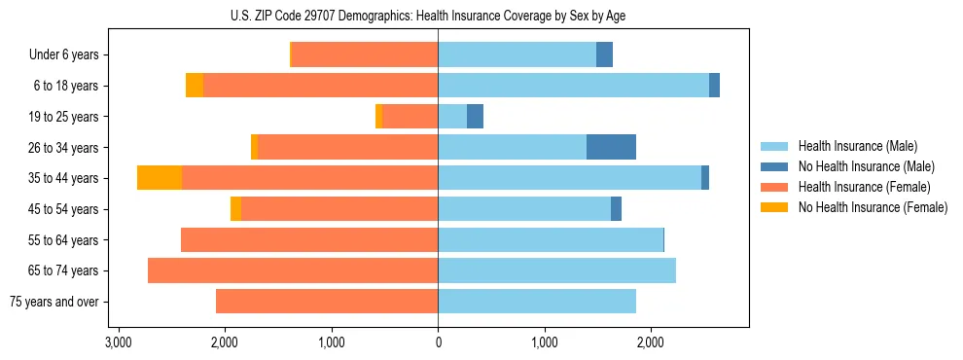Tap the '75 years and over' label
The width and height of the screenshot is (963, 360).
point(53,302)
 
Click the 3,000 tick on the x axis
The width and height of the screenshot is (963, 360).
point(119,342)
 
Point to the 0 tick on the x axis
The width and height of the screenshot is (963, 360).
point(438,342)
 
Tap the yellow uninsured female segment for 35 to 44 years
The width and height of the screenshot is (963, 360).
point(160,178)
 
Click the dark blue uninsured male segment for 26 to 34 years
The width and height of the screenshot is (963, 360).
point(611,147)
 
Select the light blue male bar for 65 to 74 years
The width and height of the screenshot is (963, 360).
point(556,270)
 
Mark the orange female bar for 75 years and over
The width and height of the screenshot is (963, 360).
point(327,302)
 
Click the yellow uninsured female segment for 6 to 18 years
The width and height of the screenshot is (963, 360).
point(195,86)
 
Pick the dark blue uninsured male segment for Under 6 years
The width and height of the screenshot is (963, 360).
point(604,55)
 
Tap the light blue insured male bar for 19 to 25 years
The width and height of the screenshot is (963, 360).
point(452,117)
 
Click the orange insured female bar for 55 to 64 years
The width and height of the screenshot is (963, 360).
point(309,240)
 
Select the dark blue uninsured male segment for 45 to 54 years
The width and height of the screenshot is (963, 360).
point(616,209)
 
